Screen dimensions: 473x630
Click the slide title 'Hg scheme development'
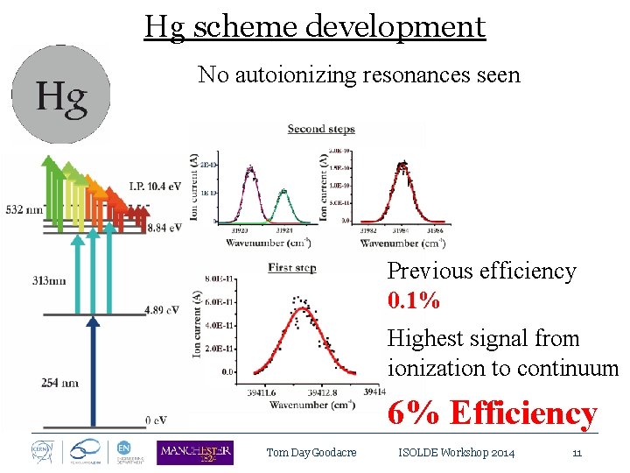point(314,26)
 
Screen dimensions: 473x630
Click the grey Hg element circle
point(60,95)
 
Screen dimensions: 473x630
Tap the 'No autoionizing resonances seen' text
point(359,75)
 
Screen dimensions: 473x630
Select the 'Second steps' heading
point(321,129)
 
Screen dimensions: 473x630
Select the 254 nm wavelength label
point(59,382)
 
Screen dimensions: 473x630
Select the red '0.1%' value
point(414,300)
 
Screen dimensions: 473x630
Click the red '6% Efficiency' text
point(493,413)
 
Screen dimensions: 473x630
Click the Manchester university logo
point(194,452)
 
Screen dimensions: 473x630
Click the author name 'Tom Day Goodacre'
point(311,453)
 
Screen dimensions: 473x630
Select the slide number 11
point(577,453)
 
